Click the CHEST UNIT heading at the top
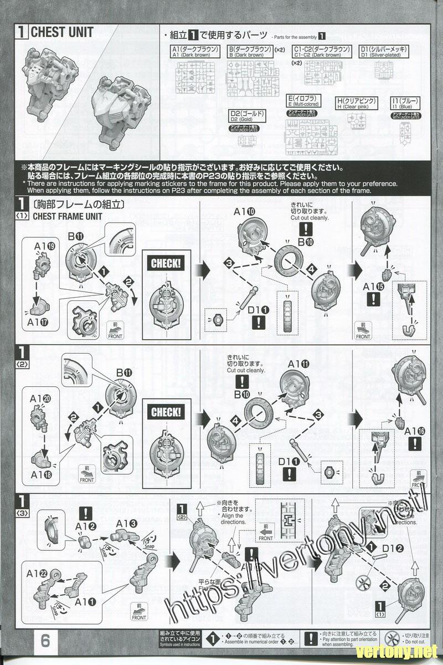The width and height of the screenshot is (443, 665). tap(61, 32)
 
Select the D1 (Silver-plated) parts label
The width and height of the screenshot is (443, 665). tap(384, 52)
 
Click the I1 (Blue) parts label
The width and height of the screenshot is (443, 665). tap(405, 103)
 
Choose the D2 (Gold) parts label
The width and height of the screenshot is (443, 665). tap(248, 116)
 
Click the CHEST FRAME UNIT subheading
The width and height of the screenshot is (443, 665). tap(68, 217)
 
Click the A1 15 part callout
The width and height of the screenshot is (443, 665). tap(373, 286)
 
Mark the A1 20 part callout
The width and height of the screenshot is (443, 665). tap(40, 398)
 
